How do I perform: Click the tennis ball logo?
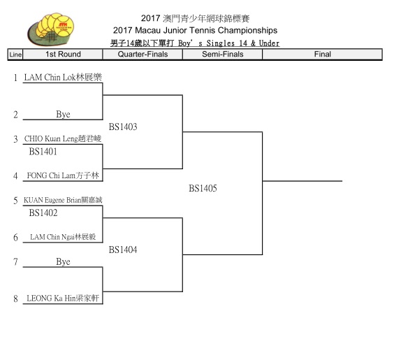51,29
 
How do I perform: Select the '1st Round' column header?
63,55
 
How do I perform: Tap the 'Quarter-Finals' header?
143,55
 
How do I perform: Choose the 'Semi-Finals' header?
223,55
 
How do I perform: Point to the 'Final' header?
322,55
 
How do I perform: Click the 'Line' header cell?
15,55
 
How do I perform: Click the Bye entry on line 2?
63,115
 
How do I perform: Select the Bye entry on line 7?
63,261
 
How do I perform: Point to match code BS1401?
43,152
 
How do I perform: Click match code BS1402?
43,213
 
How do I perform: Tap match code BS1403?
123,127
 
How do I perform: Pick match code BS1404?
123,250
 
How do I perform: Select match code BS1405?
203,188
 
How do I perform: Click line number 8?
15,298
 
